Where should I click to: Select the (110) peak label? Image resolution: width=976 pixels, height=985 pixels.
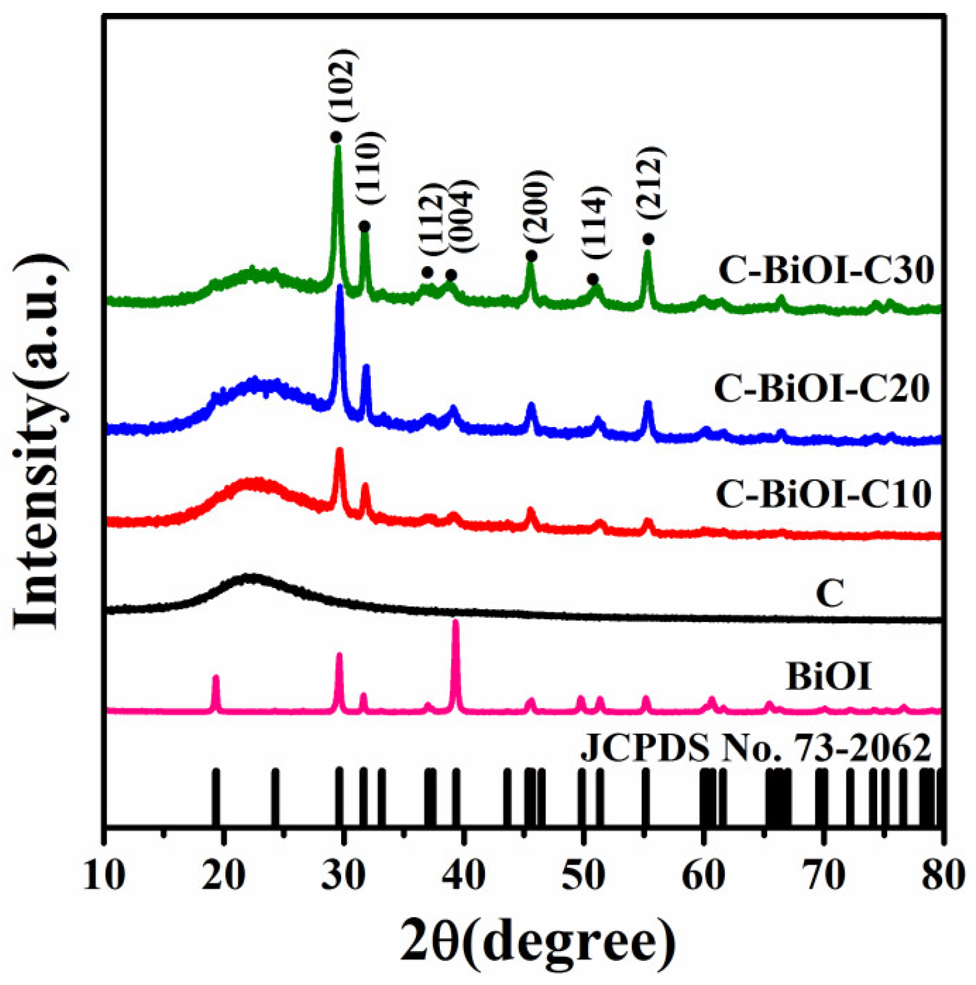pos(370,168)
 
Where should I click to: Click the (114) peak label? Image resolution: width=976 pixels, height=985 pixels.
pos(596,222)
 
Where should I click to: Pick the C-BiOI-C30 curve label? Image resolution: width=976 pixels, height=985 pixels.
pos(826,270)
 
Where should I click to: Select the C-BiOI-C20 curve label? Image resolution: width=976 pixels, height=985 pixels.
pos(822,388)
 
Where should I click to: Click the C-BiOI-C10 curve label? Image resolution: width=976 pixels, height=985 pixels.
pos(824,494)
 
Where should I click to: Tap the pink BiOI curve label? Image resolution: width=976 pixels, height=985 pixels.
pos(829,676)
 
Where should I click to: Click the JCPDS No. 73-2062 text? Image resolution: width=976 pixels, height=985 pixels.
pos(756,748)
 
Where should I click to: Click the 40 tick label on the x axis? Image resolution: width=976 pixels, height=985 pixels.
pos(463,875)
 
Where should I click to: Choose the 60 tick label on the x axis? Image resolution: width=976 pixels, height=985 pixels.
pos(702,875)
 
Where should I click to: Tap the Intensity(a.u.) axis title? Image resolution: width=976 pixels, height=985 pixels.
pos(38,442)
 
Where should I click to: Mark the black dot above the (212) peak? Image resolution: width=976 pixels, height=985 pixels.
pos(648,239)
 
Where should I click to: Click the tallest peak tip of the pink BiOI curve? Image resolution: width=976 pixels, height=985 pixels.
pos(456,622)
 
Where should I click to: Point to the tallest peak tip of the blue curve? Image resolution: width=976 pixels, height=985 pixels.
pos(339,287)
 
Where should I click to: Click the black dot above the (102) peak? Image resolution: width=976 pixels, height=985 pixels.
pos(336,137)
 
